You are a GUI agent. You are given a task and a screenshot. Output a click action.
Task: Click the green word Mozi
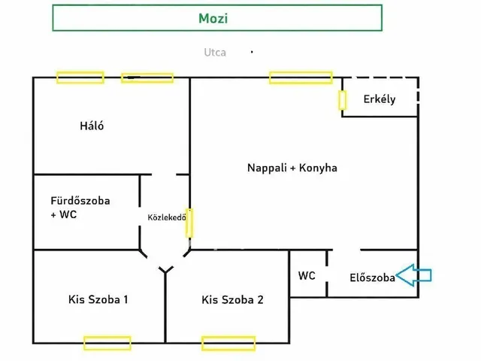click(213, 18)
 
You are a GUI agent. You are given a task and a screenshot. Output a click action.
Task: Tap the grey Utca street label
click(215, 53)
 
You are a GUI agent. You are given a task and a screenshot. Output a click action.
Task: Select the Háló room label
click(92, 126)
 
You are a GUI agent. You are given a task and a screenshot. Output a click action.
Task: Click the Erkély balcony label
click(380, 99)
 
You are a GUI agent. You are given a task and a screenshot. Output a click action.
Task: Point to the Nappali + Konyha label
click(292, 168)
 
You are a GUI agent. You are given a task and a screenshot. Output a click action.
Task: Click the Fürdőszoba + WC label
click(80, 208)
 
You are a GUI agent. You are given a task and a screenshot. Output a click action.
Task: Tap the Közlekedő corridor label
click(167, 217)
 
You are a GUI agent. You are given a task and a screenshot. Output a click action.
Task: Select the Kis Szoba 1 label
click(98, 299)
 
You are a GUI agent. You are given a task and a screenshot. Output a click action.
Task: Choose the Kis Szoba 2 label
click(232, 299)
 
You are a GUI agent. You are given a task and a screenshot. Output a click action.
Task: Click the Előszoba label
click(373, 278)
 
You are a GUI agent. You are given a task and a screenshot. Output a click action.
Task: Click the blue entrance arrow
click(414, 275)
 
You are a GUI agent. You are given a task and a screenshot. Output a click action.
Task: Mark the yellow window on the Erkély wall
click(343, 100)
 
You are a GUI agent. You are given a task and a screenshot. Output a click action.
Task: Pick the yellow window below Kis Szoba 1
click(107, 343)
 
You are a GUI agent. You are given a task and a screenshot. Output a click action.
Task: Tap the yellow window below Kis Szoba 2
click(228, 343)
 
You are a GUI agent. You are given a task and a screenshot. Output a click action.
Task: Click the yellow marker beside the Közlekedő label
click(189, 223)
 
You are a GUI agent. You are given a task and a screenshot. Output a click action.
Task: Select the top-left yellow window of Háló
click(80, 77)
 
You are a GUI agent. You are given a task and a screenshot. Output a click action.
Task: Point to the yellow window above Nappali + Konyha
click(301, 77)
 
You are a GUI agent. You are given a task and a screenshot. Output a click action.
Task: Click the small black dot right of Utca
click(252, 52)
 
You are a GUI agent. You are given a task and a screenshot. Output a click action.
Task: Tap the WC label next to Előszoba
click(307, 276)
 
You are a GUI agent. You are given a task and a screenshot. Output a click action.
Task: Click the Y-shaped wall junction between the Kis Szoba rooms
click(165, 270)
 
